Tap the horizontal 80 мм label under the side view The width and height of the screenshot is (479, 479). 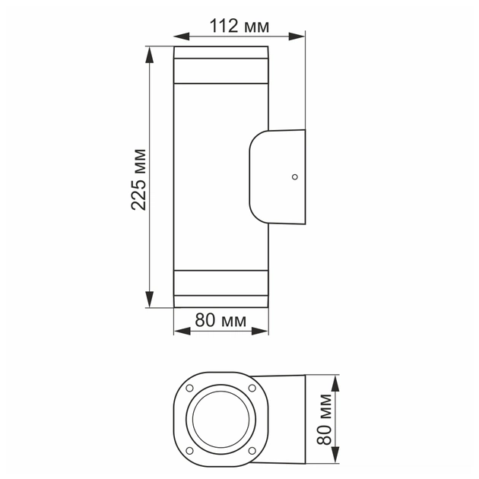(x=220, y=321)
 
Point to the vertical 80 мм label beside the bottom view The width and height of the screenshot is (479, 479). (x=325, y=418)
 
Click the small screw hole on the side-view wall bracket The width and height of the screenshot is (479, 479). (x=294, y=178)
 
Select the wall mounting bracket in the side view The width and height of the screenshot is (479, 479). (x=278, y=178)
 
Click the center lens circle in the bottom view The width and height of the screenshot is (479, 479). (x=219, y=419)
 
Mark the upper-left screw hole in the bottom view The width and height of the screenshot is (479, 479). (x=187, y=388)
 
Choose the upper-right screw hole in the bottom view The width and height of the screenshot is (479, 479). (x=252, y=388)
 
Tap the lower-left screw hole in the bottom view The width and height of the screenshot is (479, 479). (x=187, y=450)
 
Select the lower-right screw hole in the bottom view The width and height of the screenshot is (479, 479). (x=252, y=450)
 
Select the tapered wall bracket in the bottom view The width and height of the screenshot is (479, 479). (x=283, y=419)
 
